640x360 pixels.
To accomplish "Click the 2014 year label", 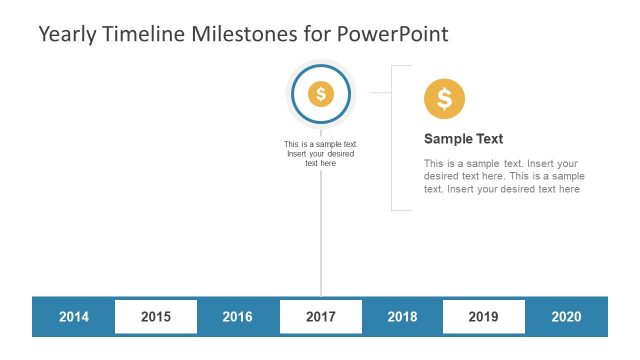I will pos(74,317).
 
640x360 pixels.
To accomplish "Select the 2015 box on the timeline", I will pos(156,317).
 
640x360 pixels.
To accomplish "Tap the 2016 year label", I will pos(237,317).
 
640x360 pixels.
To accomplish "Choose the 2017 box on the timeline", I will pos(320,317).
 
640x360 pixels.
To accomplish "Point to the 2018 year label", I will pos(402,317).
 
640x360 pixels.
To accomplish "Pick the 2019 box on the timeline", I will pos(483,317).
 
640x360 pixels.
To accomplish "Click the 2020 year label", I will pos(566,317).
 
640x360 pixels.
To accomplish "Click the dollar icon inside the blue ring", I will pos(320,94).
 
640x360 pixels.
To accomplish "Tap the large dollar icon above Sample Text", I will pos(444,99).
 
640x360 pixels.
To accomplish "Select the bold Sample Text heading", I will pos(463,139).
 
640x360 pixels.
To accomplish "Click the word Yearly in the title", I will pos(69,34).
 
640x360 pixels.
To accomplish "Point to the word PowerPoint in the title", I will pos(392,34).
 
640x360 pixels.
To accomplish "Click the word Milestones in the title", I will pos(249,34).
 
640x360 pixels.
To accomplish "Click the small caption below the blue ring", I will pos(320,153).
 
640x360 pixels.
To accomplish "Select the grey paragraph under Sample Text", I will pos(502,176).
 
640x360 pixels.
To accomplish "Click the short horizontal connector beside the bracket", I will pos(380,92).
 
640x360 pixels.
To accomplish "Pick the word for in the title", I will pos(318,34).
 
